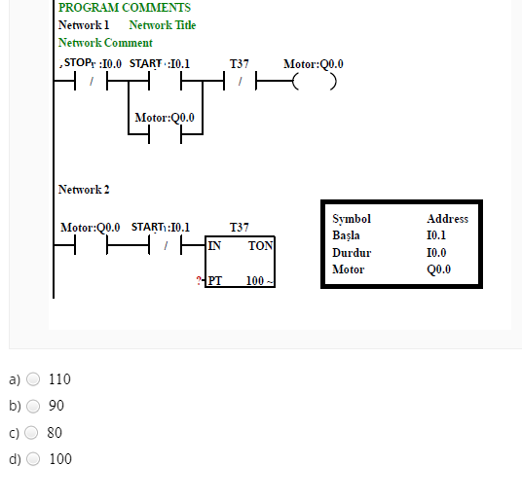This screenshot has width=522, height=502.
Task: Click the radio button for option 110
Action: tap(33, 379)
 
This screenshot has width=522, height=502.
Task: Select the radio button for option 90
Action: tap(33, 406)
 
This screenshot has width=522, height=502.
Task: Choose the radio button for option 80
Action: tap(31, 433)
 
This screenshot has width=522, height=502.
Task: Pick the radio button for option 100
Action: tap(33, 459)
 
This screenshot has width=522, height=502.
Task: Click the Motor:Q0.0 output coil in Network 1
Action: tap(315, 82)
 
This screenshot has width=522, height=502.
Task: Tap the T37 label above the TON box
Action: tap(239, 228)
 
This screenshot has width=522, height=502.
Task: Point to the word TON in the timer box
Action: tap(260, 246)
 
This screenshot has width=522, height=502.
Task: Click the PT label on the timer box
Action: tap(214, 281)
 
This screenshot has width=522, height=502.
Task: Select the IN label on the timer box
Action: tap(214, 246)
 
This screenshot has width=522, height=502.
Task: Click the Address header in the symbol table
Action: tap(447, 219)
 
